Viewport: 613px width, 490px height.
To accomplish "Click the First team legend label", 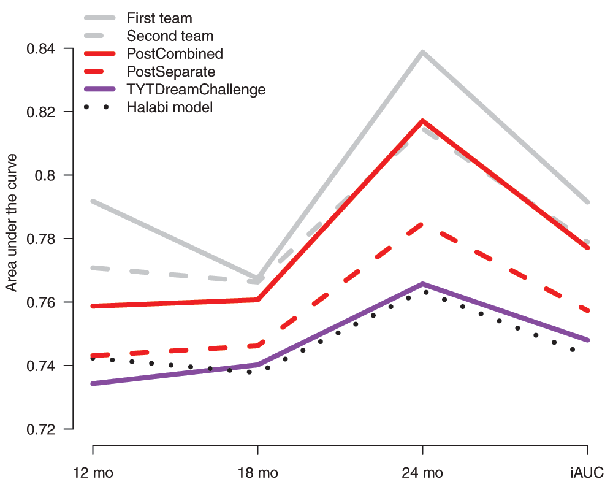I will click(159, 18).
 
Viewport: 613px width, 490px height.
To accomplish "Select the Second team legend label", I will click(170, 36).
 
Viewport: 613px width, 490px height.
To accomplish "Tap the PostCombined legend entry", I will click(175, 54).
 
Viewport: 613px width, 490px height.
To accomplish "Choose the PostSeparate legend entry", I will click(171, 72).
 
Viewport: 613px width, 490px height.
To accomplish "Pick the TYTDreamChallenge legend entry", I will click(196, 90).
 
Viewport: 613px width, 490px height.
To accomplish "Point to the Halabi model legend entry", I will click(170, 107).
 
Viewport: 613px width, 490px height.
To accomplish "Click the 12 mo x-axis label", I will click(93, 473).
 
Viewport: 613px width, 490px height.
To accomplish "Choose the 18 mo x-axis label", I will click(257, 473).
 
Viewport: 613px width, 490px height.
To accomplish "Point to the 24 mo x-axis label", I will click(422, 473).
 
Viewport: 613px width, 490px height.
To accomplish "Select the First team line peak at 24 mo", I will click(422, 52).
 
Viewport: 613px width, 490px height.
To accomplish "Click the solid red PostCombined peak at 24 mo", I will click(422, 121).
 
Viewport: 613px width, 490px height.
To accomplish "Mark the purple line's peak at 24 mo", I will click(422, 284).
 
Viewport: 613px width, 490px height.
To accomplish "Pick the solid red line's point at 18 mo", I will click(257, 299).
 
